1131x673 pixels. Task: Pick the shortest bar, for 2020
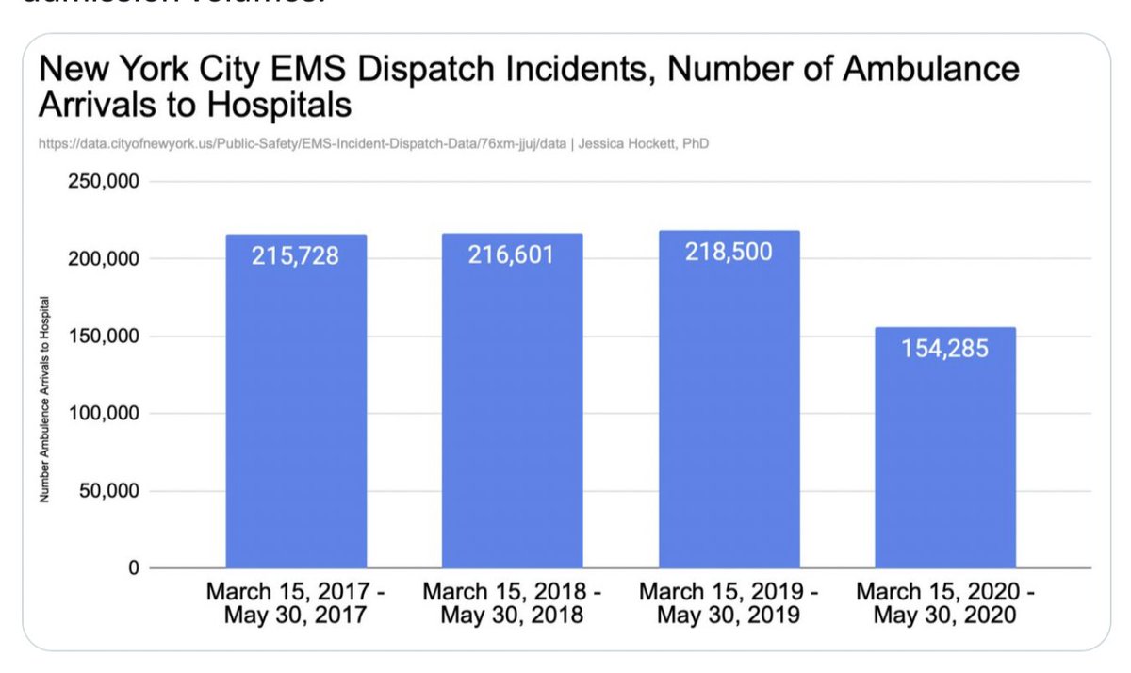[x=945, y=452]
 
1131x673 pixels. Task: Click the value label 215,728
[x=296, y=256]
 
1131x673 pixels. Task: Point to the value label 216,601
[x=513, y=255]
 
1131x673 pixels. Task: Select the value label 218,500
[x=729, y=253]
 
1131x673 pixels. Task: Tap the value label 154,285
[x=945, y=349]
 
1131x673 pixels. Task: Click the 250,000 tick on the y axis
[x=105, y=181]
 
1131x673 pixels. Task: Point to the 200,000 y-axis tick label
[x=105, y=258]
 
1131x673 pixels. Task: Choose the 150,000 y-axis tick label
[x=105, y=336]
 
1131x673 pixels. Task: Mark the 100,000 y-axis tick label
[x=105, y=414]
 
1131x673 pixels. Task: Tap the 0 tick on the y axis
[x=134, y=568]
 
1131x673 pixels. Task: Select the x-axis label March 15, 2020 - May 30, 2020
[x=945, y=604]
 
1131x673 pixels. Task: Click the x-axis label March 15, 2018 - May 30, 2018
[x=513, y=604]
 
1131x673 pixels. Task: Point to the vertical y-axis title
[x=44, y=400]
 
